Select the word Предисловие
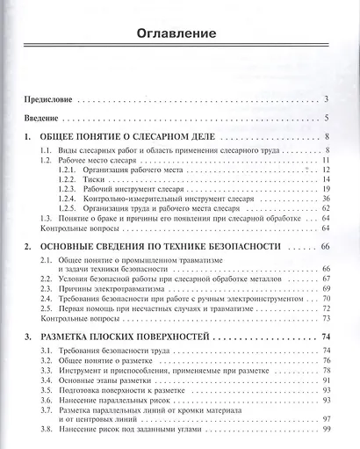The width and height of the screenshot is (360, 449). [x=50, y=99]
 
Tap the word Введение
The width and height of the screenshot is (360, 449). [x=44, y=119]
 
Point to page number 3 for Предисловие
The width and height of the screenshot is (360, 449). [x=326, y=99]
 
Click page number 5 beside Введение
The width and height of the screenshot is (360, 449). [x=326, y=119]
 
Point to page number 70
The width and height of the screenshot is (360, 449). [x=325, y=300]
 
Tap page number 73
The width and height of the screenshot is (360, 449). [x=325, y=320]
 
